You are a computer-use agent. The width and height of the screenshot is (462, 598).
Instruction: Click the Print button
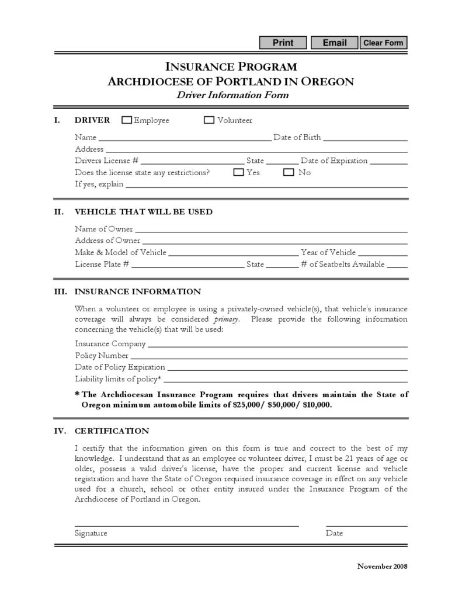[x=283, y=43]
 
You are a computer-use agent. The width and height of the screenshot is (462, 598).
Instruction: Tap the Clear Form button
[x=383, y=43]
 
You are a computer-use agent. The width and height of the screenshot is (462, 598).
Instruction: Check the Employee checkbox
[x=127, y=120]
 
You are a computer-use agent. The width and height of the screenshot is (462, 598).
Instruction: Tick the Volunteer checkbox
[x=209, y=120]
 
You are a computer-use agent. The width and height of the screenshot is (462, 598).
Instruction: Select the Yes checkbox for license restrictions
[x=238, y=172]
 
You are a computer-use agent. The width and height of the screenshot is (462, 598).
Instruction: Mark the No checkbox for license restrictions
[x=289, y=172]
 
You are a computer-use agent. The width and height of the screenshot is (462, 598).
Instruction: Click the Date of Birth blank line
[x=365, y=140]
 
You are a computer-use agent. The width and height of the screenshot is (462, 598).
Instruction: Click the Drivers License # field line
[x=192, y=163]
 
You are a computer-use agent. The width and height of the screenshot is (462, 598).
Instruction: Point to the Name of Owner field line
[x=271, y=231]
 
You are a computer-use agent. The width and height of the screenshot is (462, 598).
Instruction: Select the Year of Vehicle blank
[x=383, y=255]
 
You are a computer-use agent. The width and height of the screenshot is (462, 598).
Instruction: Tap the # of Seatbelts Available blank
[x=397, y=266]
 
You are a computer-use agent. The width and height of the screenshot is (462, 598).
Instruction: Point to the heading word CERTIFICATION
[x=112, y=432]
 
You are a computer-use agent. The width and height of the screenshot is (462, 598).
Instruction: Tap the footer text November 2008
[x=382, y=566]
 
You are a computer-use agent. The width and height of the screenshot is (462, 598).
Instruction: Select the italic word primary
[x=226, y=319]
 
